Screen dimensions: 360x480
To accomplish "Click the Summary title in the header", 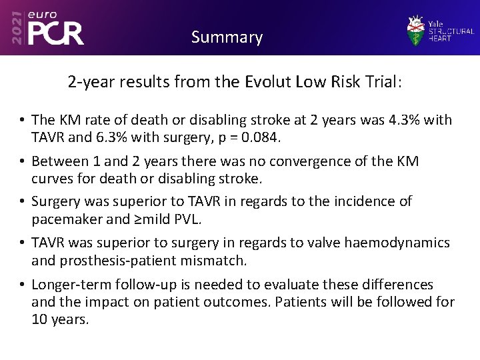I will coord(227,37).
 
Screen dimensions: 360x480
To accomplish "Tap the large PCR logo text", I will coord(56,34).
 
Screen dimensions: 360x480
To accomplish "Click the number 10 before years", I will coord(39,319).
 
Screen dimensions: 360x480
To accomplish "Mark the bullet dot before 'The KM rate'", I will coord(22,121).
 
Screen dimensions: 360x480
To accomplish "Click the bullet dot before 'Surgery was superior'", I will coord(22,201).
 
